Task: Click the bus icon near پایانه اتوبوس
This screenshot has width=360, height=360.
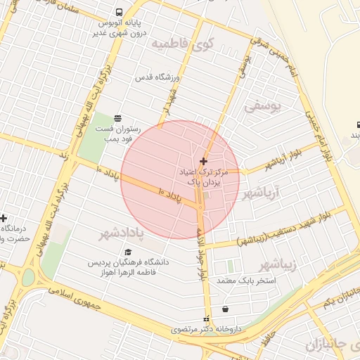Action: click(x=119, y=12)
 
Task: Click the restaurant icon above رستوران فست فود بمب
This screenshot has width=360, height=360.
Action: click(x=117, y=118)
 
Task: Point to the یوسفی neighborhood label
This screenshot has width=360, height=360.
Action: click(x=262, y=107)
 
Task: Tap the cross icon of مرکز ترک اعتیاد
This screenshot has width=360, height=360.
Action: click(x=204, y=161)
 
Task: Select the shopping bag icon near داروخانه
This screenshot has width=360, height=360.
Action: click(x=224, y=309)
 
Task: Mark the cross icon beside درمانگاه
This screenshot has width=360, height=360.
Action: click(x=4, y=219)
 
